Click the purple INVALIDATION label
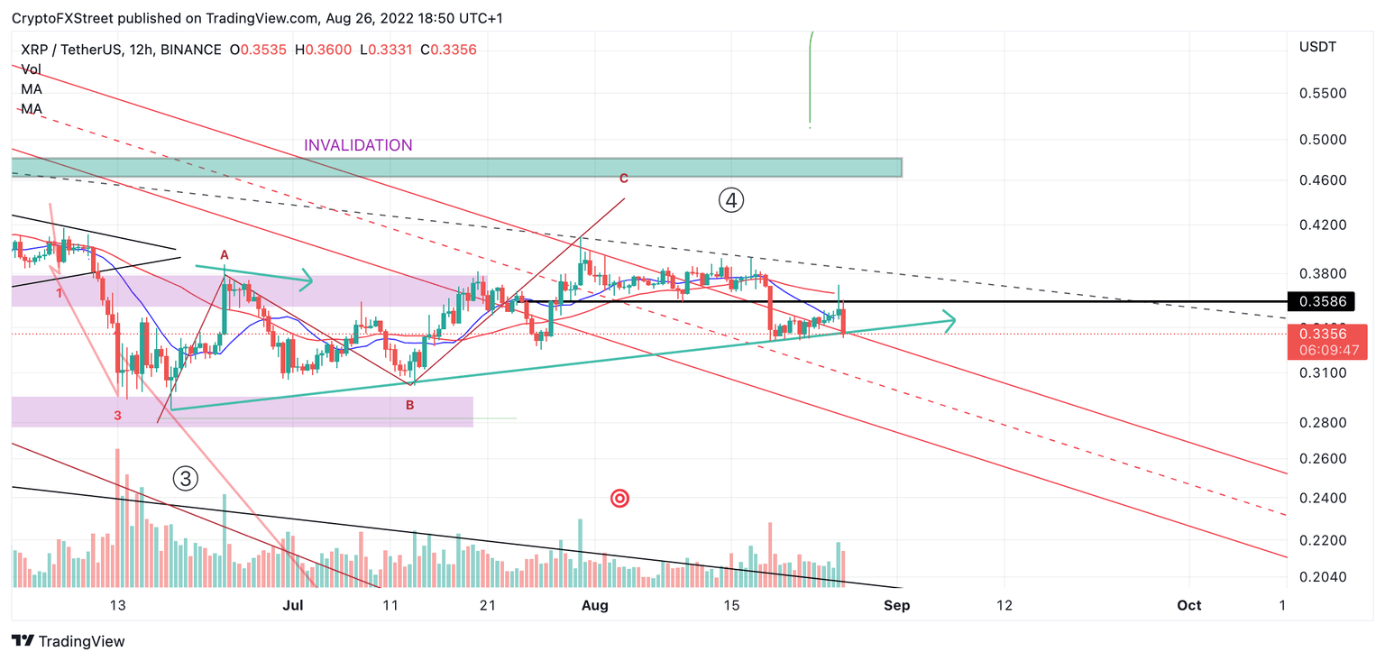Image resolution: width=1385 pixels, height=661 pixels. click(x=358, y=145)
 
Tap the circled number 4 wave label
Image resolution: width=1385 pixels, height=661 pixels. click(x=730, y=200)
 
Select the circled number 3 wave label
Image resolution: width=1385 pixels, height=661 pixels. click(x=185, y=479)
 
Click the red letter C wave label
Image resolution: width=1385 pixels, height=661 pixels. click(x=623, y=179)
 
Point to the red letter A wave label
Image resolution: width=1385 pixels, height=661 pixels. click(x=225, y=254)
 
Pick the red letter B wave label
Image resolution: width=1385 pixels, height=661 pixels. click(x=409, y=405)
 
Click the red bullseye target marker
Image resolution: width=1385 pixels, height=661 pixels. click(x=619, y=498)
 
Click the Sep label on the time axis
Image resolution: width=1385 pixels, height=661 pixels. click(x=896, y=605)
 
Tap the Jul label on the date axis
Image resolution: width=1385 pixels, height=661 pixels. click(x=291, y=605)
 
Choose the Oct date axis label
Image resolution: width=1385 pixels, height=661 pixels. click(x=1189, y=605)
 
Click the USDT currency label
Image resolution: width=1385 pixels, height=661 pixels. click(x=1317, y=47)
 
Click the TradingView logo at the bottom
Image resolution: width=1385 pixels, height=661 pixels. click(x=69, y=641)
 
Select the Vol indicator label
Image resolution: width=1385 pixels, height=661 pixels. click(x=31, y=69)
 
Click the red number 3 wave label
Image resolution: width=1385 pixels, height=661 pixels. click(x=117, y=415)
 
